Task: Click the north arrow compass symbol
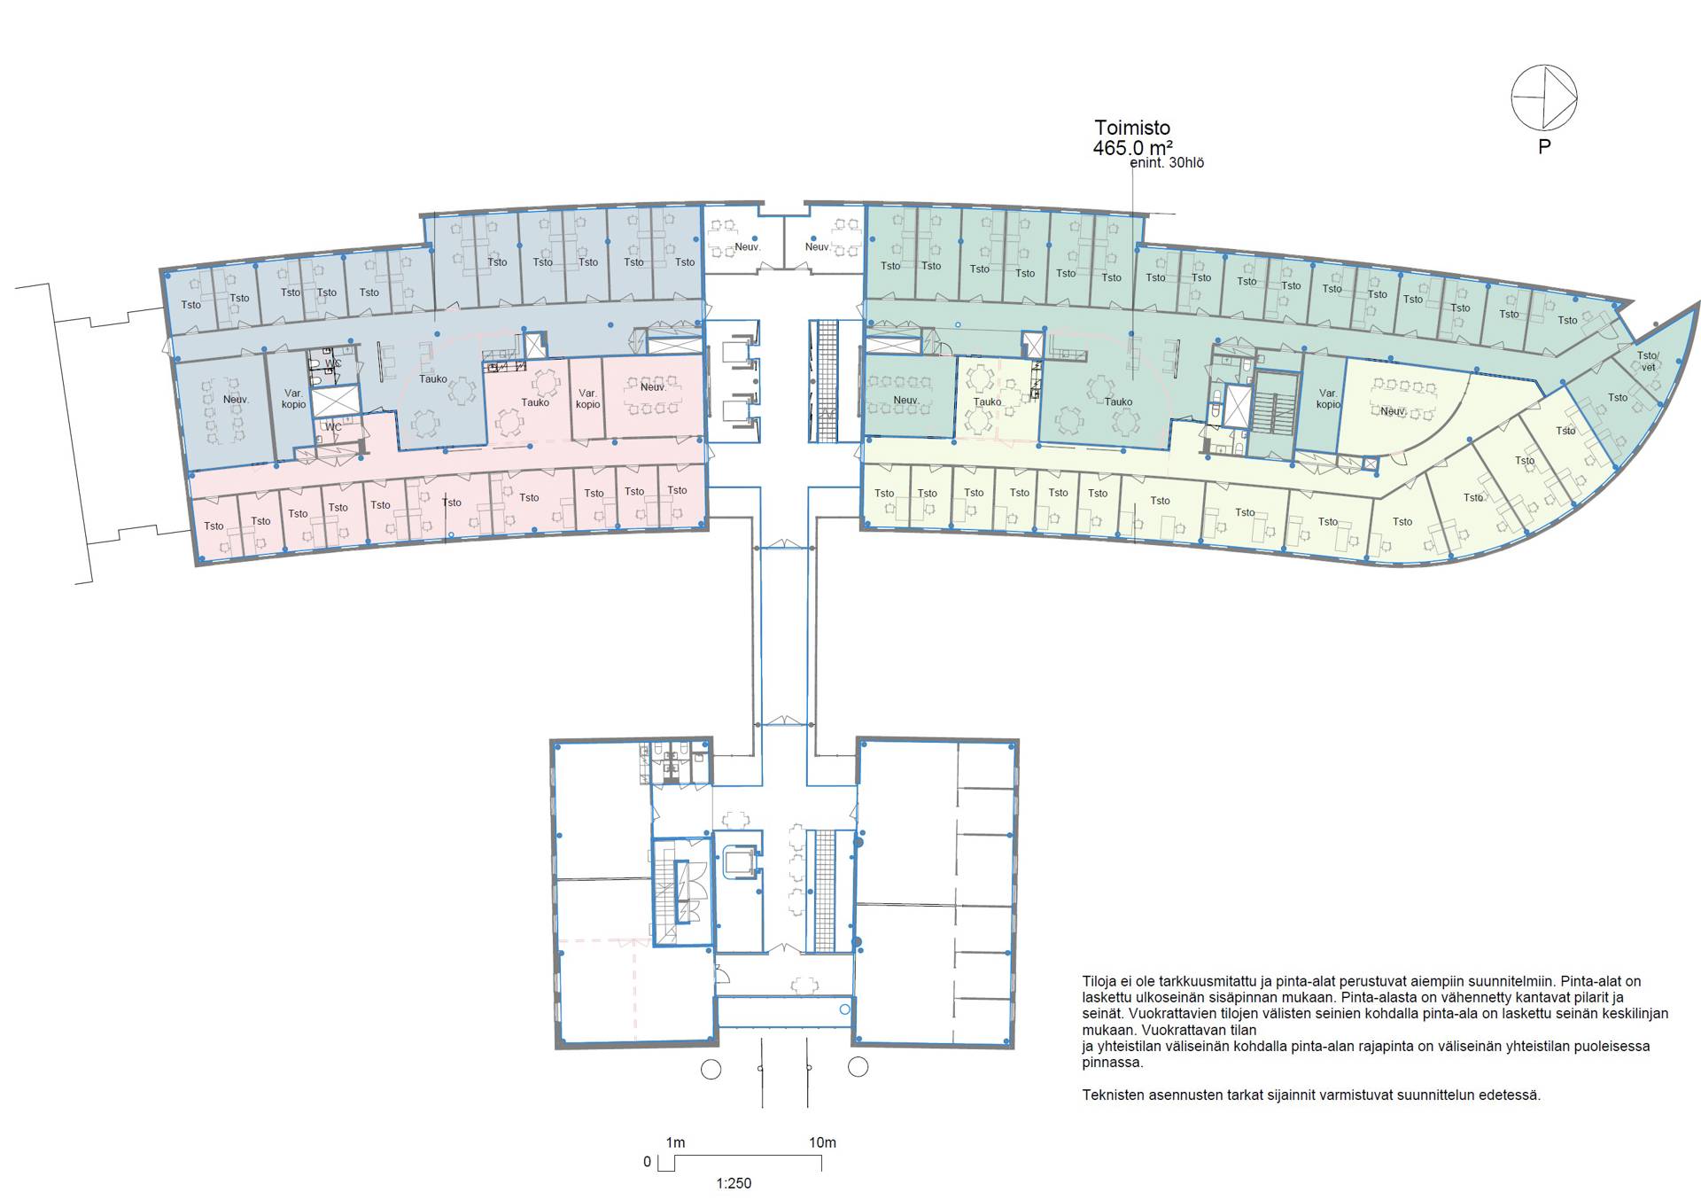[x=1544, y=97]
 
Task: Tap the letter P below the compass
[x=1544, y=147]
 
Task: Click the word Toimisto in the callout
[x=1132, y=128]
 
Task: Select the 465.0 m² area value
[x=1133, y=148]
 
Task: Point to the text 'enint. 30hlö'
[x=1167, y=163]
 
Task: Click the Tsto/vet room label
[x=1648, y=362]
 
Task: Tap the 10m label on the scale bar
[x=822, y=1142]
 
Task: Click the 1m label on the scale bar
[x=675, y=1142]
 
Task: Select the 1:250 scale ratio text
[x=734, y=1183]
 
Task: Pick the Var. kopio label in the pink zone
[x=587, y=399]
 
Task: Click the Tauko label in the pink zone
[x=535, y=402]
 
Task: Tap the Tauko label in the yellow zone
[x=987, y=401]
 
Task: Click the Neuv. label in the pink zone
[x=653, y=386]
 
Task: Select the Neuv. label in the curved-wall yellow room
[x=1394, y=411]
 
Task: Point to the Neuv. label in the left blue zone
[x=236, y=400]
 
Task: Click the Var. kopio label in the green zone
[x=1328, y=399]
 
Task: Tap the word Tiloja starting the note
[x=1101, y=982]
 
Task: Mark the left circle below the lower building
[x=711, y=1069]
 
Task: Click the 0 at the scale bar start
[x=647, y=1162]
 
